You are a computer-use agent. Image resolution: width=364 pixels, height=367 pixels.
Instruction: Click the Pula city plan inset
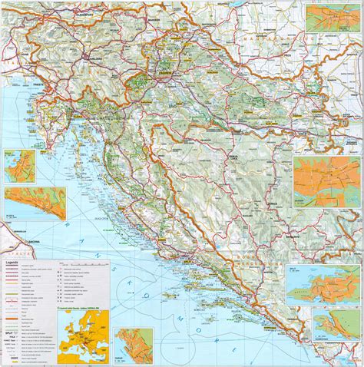tap(17, 166)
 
